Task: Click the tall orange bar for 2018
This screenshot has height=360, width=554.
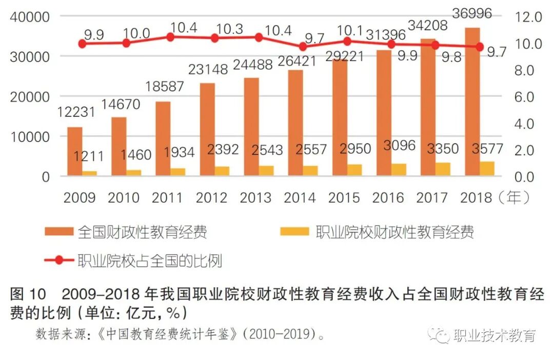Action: [x=472, y=103]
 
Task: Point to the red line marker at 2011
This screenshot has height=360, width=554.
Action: [x=171, y=37]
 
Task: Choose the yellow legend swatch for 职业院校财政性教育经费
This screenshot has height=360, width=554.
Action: [x=294, y=232]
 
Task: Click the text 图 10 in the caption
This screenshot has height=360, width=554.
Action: [x=28, y=295]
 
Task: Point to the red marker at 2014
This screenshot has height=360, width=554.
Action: [x=303, y=47]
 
